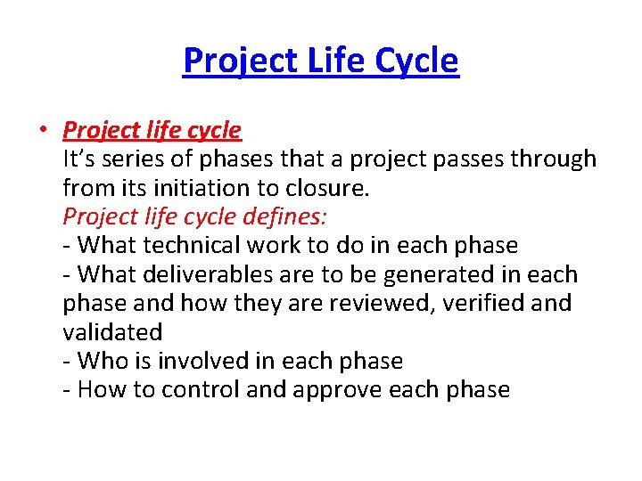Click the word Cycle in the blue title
(x=416, y=61)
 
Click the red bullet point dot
(x=43, y=131)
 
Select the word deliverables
(x=217, y=274)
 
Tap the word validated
(x=112, y=332)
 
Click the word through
(x=553, y=159)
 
